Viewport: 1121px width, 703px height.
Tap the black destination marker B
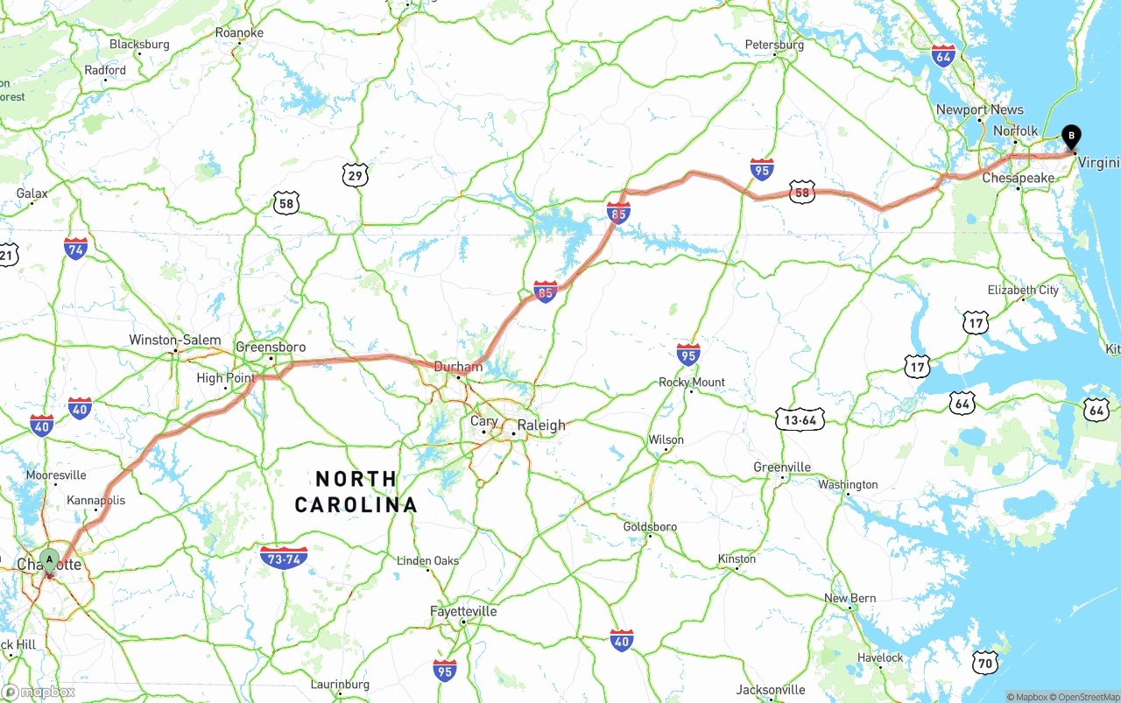[x=1070, y=137]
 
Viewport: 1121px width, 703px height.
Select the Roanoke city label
[x=239, y=33]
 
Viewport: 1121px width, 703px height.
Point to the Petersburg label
[x=774, y=45]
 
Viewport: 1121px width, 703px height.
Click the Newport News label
[x=979, y=109]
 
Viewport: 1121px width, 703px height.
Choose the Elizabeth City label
[x=1023, y=290]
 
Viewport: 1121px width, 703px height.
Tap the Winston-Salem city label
[x=174, y=340]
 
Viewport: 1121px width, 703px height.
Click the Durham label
[x=457, y=367]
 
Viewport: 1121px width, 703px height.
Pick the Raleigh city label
[x=540, y=425]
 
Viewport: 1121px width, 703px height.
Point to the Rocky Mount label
[x=692, y=382]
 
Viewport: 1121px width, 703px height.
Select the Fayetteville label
[x=463, y=611]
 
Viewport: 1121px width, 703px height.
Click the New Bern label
[x=850, y=599]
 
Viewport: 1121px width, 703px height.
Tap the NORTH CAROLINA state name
[x=356, y=492]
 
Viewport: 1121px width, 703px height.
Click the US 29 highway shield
[x=355, y=176]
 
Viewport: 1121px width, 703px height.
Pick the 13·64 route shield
[x=800, y=420]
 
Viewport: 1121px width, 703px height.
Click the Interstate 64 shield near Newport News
[x=943, y=56]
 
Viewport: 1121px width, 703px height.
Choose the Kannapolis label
[x=96, y=501]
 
